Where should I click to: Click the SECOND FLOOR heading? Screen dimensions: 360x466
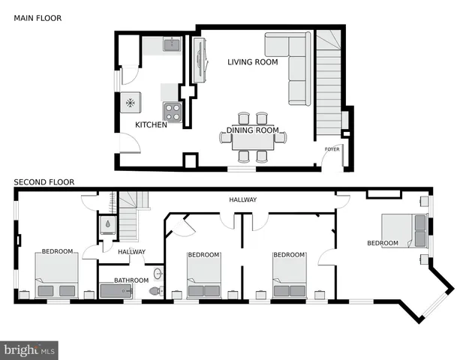(44, 182)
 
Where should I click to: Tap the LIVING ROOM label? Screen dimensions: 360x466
(253, 62)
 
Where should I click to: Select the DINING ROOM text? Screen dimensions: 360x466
(253, 130)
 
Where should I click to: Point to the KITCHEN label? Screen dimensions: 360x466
(151, 124)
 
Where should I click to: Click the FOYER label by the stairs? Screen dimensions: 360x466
(332, 149)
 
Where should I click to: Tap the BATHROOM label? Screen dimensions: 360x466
(131, 280)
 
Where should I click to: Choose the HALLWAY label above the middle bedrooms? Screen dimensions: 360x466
(243, 199)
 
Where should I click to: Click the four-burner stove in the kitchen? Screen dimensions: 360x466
(173, 112)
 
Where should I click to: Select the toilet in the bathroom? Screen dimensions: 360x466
(156, 290)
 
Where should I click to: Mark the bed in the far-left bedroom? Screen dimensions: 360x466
(56, 275)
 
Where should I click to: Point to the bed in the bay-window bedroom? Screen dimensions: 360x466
(404, 230)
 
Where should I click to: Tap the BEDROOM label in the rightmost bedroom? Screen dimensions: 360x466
(382, 243)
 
